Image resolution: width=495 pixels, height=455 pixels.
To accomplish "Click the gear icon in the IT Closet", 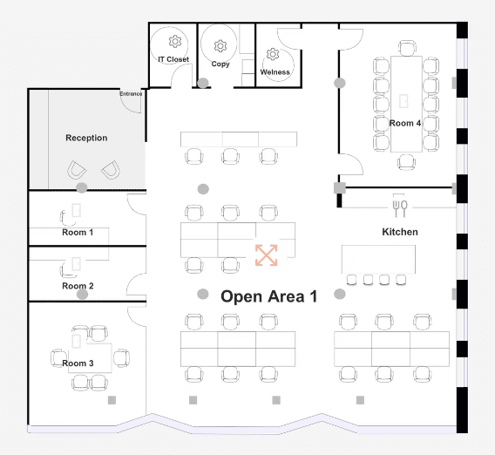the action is pos(175,42).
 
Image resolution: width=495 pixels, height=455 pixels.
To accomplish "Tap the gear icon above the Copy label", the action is pos(220,46).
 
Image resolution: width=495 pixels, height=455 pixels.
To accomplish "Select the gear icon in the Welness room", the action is pos(273,54).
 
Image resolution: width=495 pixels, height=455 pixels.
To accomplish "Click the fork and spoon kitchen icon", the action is pos(400,208).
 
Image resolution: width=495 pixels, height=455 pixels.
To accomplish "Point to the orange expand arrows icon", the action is pos(267,255).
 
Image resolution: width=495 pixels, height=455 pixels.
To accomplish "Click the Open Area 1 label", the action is pos(269,296).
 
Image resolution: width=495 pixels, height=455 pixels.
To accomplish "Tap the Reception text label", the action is pos(86,138).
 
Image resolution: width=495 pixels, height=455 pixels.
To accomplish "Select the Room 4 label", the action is pos(405,123).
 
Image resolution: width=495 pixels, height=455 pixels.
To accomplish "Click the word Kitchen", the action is pos(400,232).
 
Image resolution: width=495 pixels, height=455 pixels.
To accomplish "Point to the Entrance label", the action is pos(131,94).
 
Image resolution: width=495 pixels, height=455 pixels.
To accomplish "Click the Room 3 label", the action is pos(78,363).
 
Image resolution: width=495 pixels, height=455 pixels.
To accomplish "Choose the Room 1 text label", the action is pos(78,233).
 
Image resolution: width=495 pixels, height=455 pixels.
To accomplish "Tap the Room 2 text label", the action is pos(78,286).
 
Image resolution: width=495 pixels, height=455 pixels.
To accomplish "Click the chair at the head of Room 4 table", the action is pos(407,48).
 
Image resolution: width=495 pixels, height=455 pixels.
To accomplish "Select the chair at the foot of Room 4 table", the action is pos(407,162).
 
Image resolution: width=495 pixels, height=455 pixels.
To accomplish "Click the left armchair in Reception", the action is pos(77,170).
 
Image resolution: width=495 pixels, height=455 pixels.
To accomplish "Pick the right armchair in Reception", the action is pos(111,170).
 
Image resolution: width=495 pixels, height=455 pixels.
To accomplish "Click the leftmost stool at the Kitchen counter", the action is pos(352,280).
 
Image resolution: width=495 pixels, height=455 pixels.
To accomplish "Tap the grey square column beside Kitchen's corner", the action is pos(340,187).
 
